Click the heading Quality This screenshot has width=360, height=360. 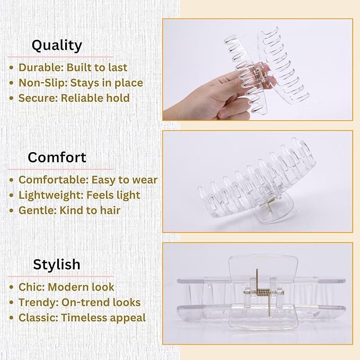coord(57,46)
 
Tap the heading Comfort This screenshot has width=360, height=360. coord(57,157)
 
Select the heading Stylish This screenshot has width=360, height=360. coord(57,264)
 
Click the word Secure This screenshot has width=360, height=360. coord(37,98)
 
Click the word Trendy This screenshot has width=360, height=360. coord(38,303)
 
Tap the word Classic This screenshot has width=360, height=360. coord(38,318)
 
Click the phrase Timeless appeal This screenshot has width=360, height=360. coord(103,318)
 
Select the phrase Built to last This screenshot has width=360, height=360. coord(96,68)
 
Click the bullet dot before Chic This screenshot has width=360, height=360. coord(12,287)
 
